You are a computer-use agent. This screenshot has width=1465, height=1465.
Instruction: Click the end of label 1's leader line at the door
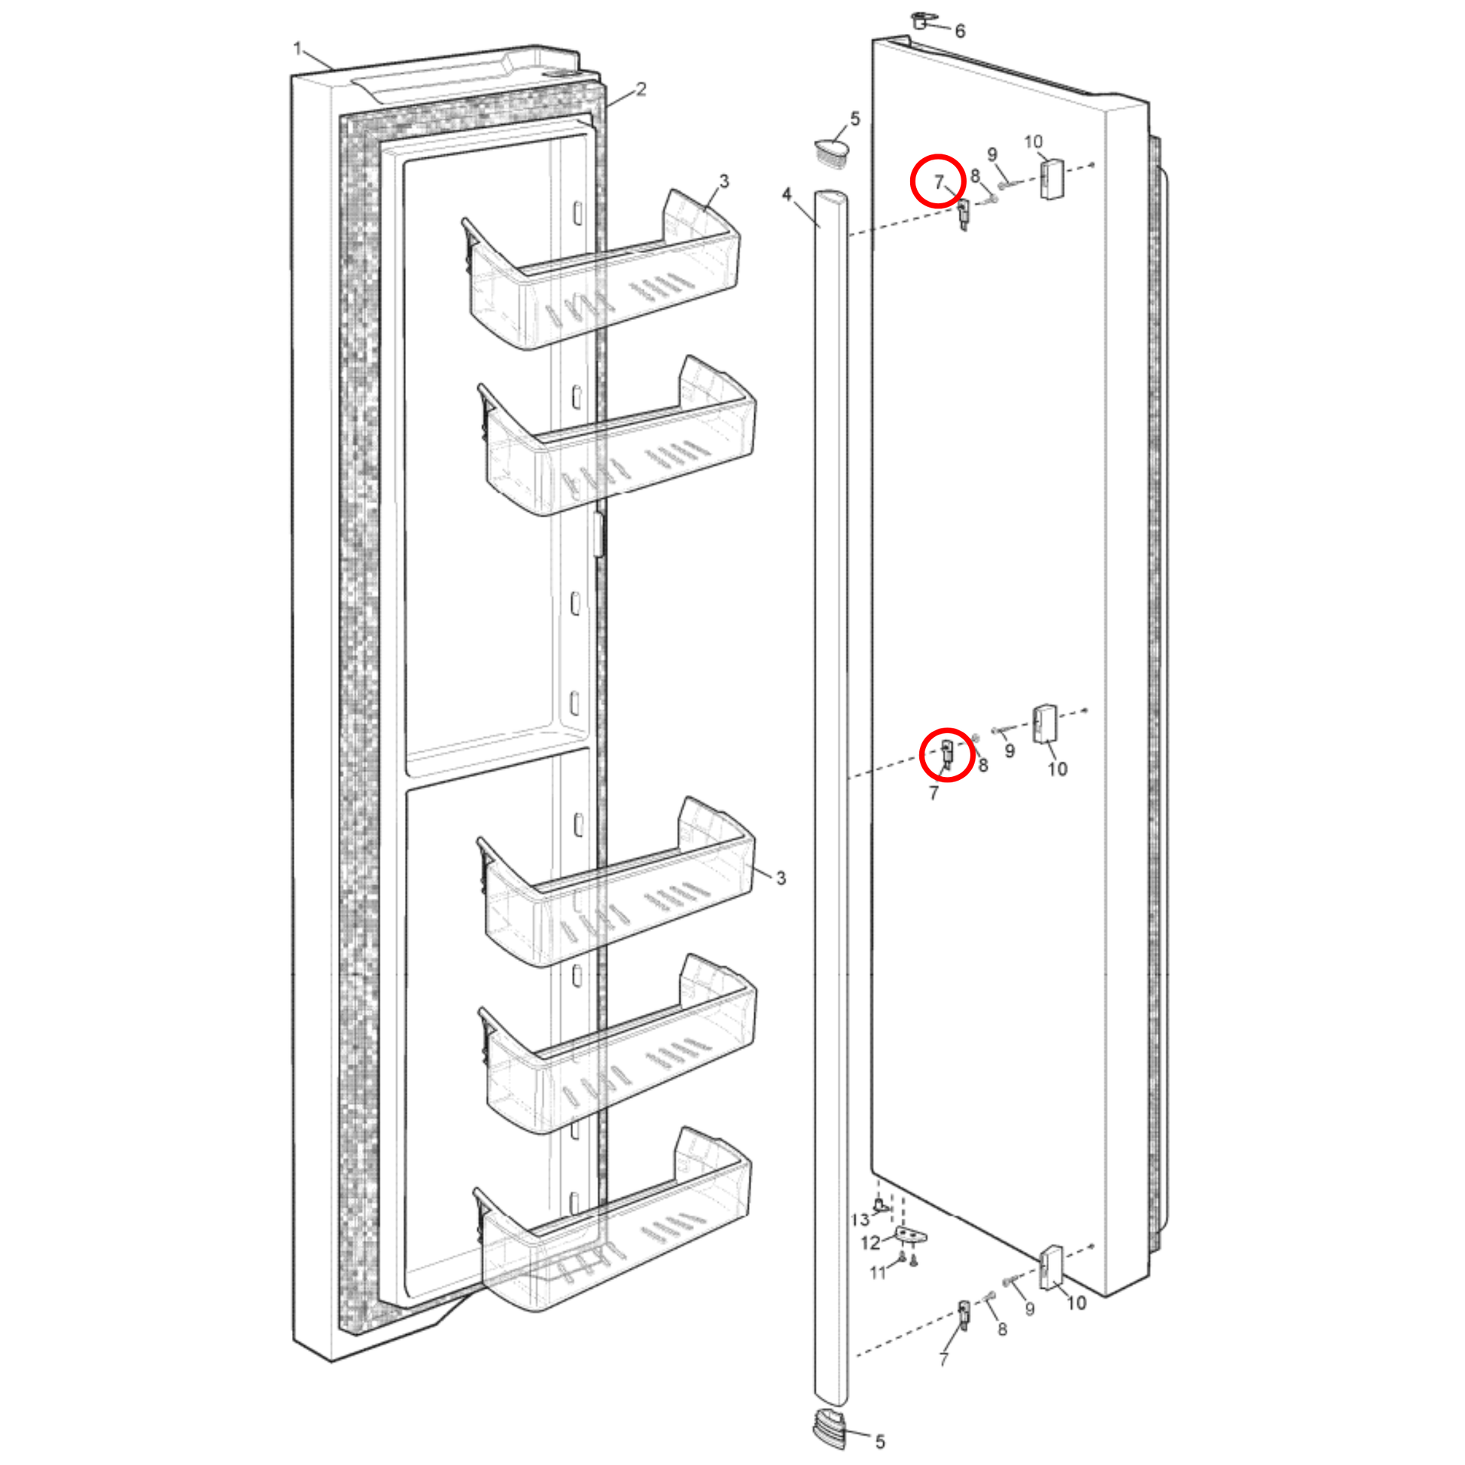pyautogui.click(x=334, y=70)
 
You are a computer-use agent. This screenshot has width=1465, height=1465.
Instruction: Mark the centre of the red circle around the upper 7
pyautogui.click(x=939, y=181)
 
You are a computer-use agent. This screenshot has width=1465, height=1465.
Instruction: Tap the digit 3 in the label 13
pyautogui.click(x=864, y=1220)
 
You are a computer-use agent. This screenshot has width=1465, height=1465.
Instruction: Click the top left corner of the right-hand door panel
pyautogui.click(x=873, y=40)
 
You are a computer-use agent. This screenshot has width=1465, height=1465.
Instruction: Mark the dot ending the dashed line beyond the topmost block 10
pyautogui.click(x=1092, y=165)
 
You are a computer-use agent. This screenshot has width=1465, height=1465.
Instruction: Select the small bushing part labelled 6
pyautogui.click(x=921, y=20)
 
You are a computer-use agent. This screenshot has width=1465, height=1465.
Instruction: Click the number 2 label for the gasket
pyautogui.click(x=641, y=90)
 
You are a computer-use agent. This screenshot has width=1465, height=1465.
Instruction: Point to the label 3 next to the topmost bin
pyautogui.click(x=724, y=181)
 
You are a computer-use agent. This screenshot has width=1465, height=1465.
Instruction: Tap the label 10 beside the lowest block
pyautogui.click(x=1077, y=1302)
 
